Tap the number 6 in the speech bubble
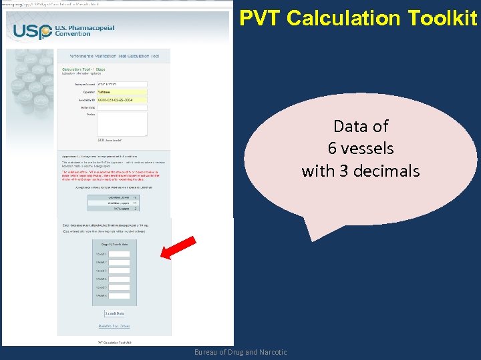click(x=333, y=149)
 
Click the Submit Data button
click(x=114, y=313)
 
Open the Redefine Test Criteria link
click(x=114, y=326)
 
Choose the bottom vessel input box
click(x=119, y=295)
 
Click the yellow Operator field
click(x=122, y=92)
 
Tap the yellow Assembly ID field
click(x=122, y=99)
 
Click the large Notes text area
click(x=122, y=124)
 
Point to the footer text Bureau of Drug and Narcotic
click(x=240, y=352)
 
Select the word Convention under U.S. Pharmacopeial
click(x=73, y=35)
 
